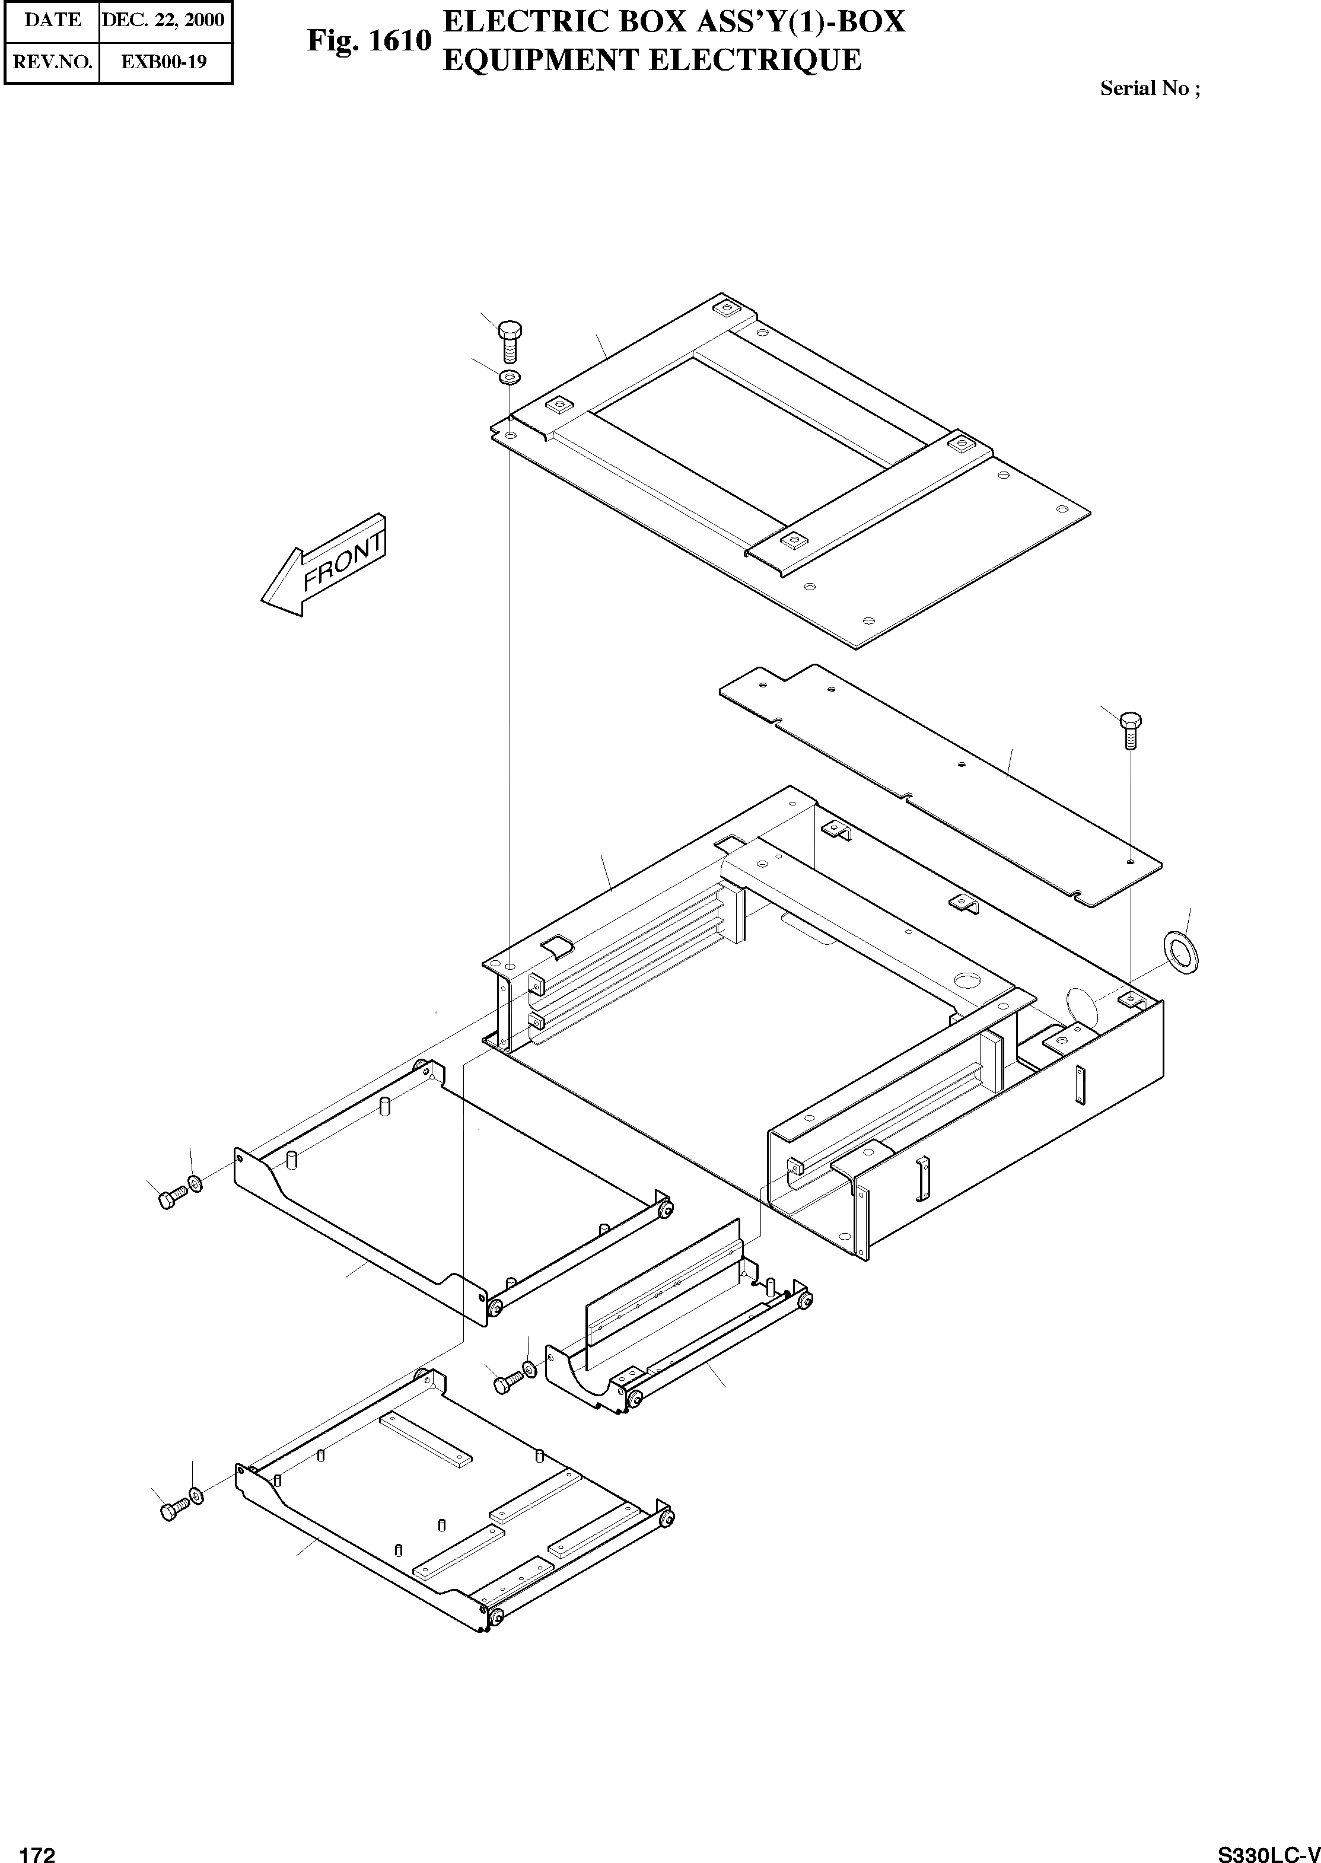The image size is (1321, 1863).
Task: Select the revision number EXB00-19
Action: point(164,61)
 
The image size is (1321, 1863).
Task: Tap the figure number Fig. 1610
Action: point(368,41)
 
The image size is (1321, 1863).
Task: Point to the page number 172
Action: point(37,1848)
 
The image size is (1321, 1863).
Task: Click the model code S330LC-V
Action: point(1268,1848)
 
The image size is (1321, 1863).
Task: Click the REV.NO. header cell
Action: point(52,61)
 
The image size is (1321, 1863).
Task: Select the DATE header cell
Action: point(52,20)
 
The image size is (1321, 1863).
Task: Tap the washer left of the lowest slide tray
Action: point(196,1494)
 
